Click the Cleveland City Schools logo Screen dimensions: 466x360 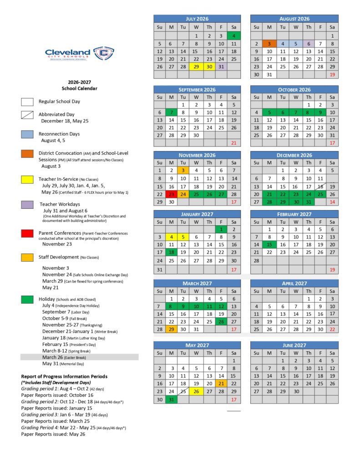[x=79, y=54]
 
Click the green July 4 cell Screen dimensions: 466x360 [x=233, y=35]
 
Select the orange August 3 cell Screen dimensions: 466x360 [x=269, y=44]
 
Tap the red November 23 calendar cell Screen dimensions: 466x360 [x=171, y=194]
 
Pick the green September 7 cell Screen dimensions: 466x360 [x=171, y=112]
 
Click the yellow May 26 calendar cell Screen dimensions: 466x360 [x=196, y=391]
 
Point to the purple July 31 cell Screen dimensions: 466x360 [x=221, y=66]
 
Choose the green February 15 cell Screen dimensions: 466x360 [x=269, y=244]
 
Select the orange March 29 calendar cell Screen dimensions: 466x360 [x=171, y=329]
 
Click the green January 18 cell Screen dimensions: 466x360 [x=171, y=252]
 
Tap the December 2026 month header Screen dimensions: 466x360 [x=294, y=155]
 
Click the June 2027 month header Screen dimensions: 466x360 [x=294, y=345]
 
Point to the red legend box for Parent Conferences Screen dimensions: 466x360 [x=27, y=233]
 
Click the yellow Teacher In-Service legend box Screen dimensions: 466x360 [x=27, y=179]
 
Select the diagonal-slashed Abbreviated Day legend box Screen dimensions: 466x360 [x=27, y=115]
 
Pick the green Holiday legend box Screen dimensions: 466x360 [x=27, y=299]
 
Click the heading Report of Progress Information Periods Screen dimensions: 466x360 [x=64, y=376]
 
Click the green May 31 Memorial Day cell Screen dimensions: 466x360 [x=171, y=400]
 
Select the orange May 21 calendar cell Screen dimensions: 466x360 [x=221, y=383]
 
